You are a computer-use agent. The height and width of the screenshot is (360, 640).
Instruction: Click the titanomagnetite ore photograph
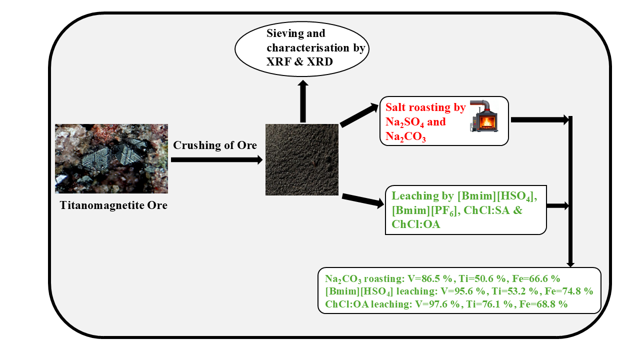tap(111, 158)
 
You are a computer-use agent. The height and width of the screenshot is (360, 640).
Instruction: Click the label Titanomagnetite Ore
tap(113, 205)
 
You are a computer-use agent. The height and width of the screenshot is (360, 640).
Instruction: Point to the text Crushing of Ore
tap(215, 145)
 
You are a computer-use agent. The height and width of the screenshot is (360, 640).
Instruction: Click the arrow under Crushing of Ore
tap(216, 160)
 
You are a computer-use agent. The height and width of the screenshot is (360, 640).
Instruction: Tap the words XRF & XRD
tap(299, 61)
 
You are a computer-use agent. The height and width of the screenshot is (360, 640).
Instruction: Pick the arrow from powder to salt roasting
tap(358, 115)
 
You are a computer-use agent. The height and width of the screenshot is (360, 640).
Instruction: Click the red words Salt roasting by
tap(425, 107)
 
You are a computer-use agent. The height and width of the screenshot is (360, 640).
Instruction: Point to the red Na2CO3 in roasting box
tap(405, 136)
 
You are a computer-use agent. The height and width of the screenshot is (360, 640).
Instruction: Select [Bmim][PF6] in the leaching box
tap(424, 210)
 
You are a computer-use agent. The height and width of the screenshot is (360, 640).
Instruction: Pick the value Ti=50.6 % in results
tap(486, 278)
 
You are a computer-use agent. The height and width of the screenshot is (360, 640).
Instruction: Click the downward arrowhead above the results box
tap(570, 263)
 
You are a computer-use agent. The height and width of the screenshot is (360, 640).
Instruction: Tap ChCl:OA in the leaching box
tap(416, 224)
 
